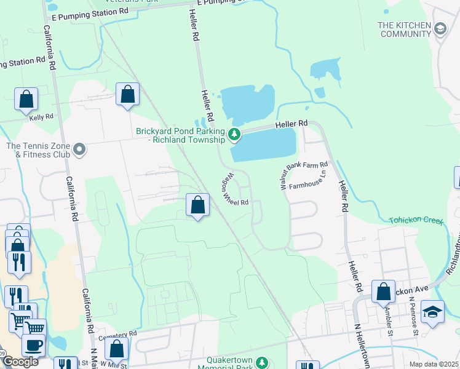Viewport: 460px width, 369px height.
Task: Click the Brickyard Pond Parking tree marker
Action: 234,133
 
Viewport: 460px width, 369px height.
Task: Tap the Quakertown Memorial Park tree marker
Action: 263,363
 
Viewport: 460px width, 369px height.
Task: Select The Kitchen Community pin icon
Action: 440,28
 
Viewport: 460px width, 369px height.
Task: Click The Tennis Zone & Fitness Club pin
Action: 79,149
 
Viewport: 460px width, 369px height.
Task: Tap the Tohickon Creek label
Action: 415,220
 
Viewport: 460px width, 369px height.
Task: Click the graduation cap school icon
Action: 433,312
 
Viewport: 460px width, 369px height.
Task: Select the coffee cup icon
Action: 34,344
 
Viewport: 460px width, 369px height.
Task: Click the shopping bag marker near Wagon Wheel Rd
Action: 198,205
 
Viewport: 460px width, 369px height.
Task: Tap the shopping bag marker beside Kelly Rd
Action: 26,99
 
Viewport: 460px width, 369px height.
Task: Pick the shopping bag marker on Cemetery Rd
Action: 116,349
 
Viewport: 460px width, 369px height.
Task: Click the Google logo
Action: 20,362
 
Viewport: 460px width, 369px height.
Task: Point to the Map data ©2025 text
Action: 433,364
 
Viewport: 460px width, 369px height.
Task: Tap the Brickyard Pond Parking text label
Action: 181,135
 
